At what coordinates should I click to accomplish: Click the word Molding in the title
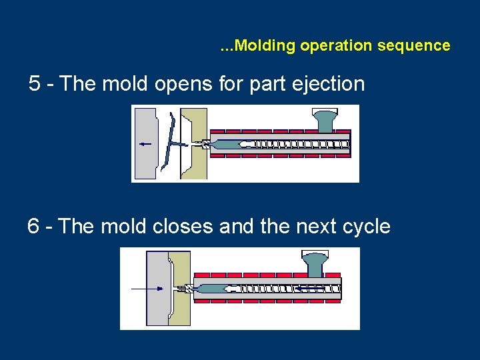pyautogui.click(x=265, y=46)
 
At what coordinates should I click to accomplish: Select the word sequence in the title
pyautogui.click(x=422, y=46)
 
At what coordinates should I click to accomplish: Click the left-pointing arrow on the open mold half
pyautogui.click(x=145, y=143)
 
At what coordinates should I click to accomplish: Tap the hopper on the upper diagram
pyautogui.click(x=325, y=120)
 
